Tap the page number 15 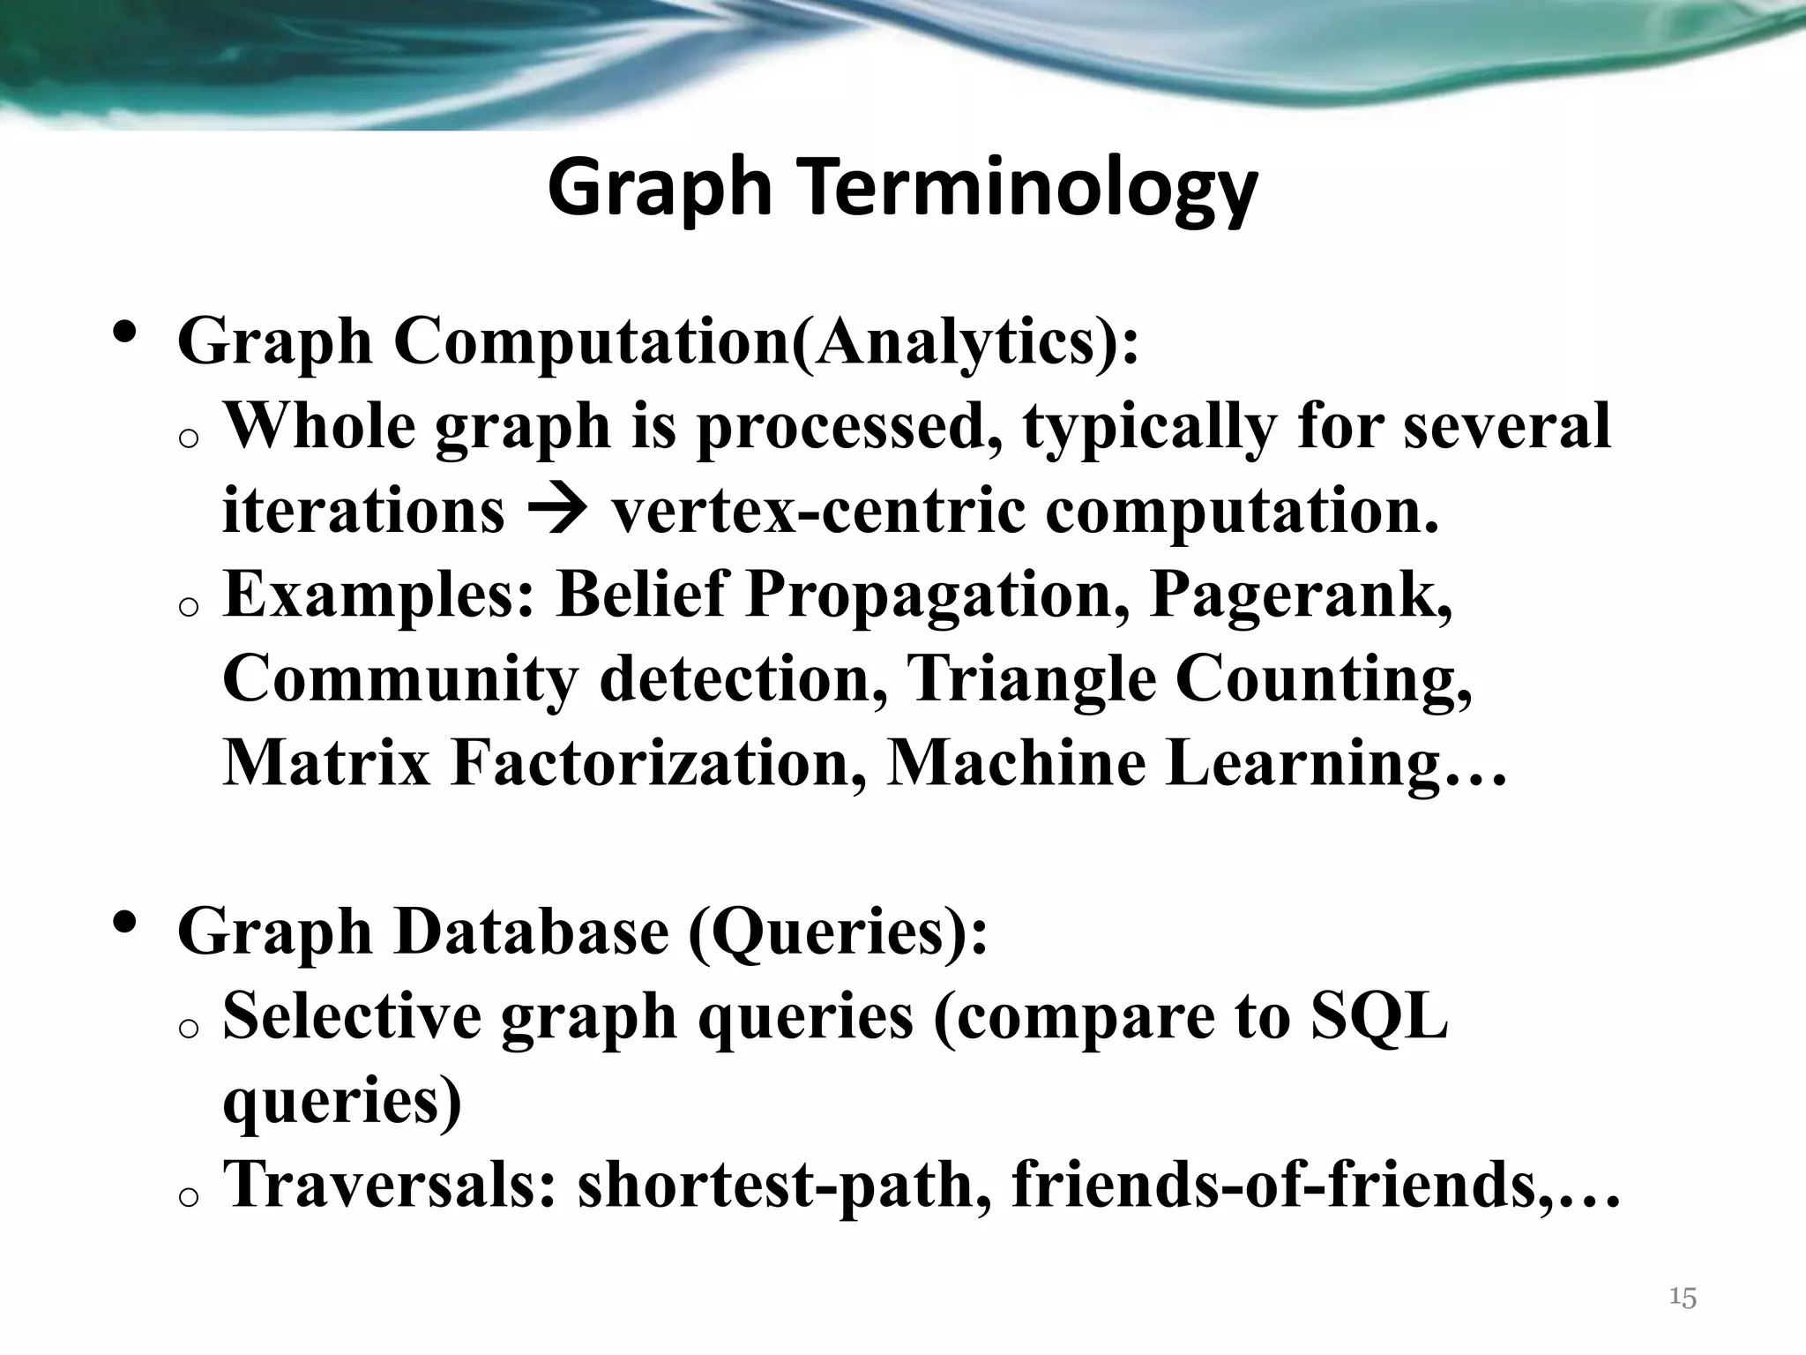(x=1683, y=1298)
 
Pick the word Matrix (x=326, y=763)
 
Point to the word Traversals (x=389, y=1185)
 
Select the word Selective (x=352, y=1016)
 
